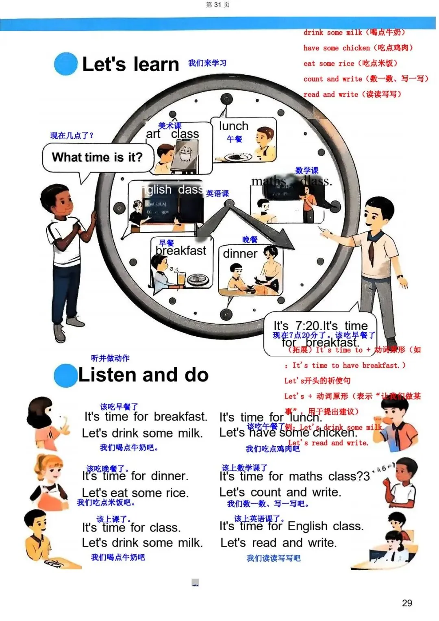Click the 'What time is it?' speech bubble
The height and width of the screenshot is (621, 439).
tap(98, 157)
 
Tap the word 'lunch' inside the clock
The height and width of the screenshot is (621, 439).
tap(233, 126)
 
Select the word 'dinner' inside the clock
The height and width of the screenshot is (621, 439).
tap(240, 254)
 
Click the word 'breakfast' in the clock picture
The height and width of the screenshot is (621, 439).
tap(181, 251)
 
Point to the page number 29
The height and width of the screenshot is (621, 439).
tap(407, 603)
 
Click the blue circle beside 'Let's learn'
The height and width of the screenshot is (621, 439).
tap(65, 64)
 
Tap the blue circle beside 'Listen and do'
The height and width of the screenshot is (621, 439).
tap(65, 375)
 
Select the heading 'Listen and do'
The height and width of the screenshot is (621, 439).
tap(143, 375)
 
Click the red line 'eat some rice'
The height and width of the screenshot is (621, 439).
tap(350, 63)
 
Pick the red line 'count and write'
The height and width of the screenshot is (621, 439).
tap(365, 79)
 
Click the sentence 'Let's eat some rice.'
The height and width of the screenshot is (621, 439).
tap(135, 493)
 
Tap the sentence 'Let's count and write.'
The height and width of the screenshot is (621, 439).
tap(280, 492)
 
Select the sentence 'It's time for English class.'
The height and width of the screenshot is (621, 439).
tap(291, 526)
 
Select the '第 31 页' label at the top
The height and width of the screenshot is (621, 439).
tap(218, 5)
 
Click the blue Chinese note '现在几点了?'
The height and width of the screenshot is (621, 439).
tap(72, 136)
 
